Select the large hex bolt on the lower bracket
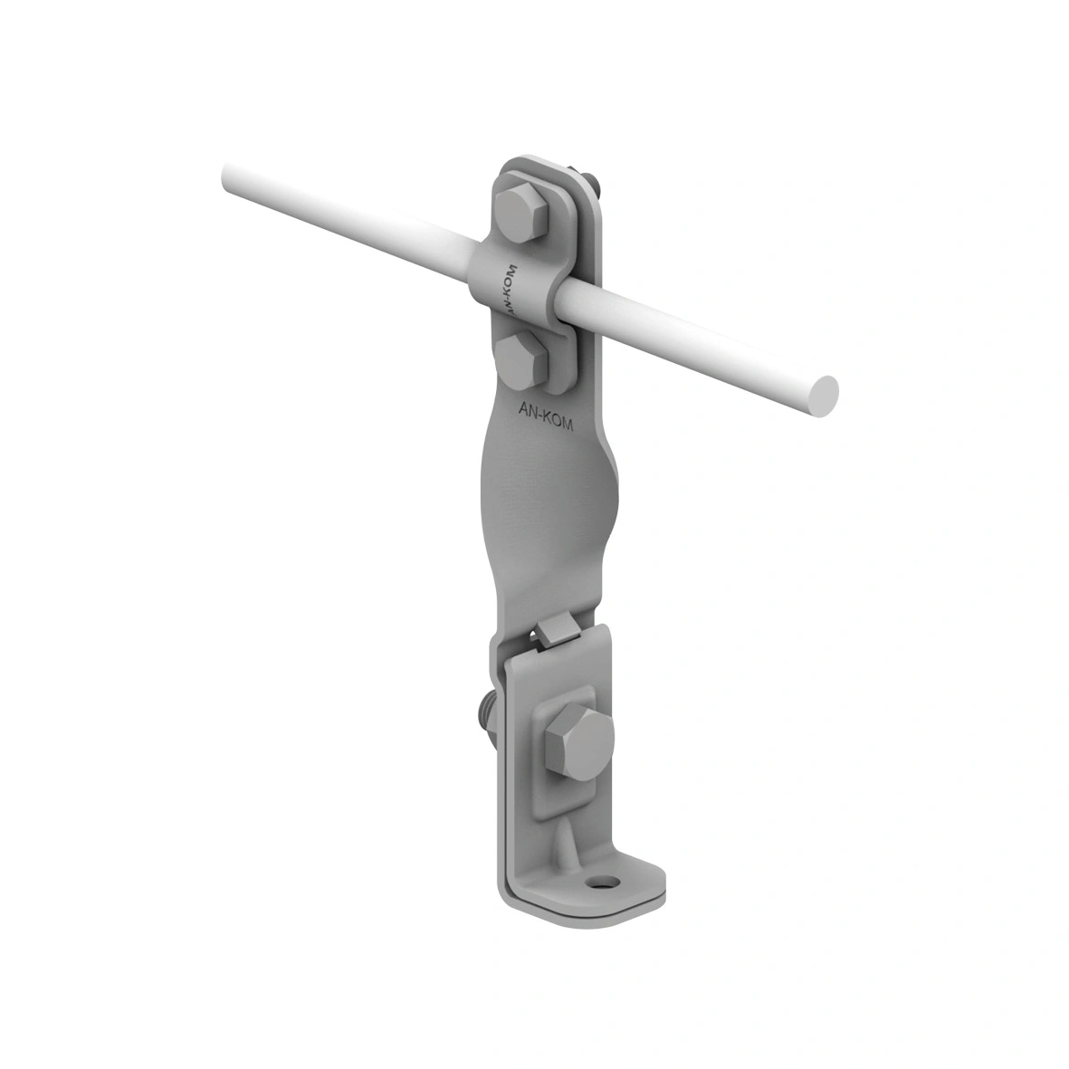click(578, 741)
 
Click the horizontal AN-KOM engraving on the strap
click(543, 415)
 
